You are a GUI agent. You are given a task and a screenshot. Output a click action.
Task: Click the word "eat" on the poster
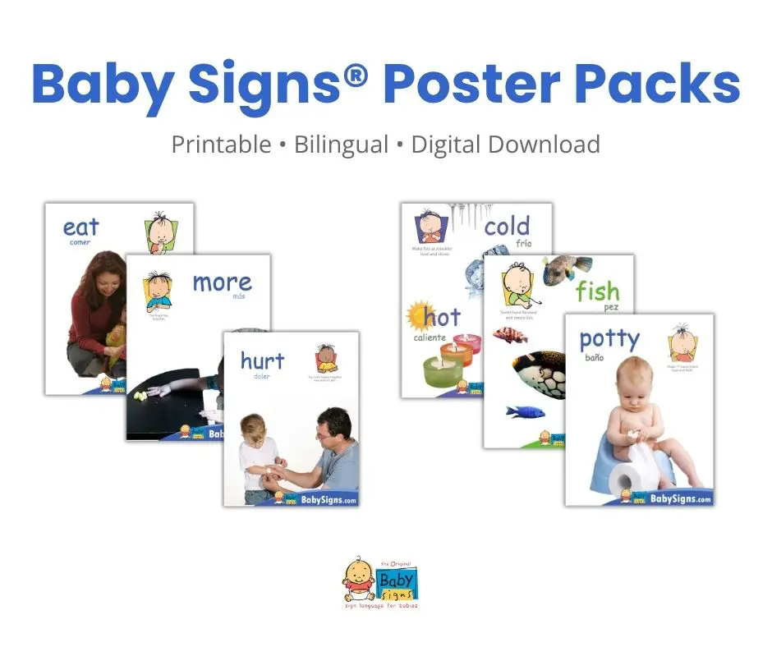(x=80, y=226)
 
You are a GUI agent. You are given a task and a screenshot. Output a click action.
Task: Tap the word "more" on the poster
(x=222, y=282)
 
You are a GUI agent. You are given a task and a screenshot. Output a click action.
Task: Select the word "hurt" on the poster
(x=262, y=360)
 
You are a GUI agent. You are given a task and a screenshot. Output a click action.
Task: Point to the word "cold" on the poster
(x=507, y=226)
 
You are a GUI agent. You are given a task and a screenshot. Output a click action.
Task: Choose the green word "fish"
(x=597, y=291)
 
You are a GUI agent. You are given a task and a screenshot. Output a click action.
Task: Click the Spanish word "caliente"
(x=431, y=337)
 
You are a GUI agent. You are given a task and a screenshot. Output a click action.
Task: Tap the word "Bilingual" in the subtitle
(x=341, y=145)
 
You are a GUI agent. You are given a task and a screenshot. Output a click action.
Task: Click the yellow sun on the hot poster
(x=416, y=315)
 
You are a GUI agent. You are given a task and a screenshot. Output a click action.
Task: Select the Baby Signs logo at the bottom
(x=384, y=584)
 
